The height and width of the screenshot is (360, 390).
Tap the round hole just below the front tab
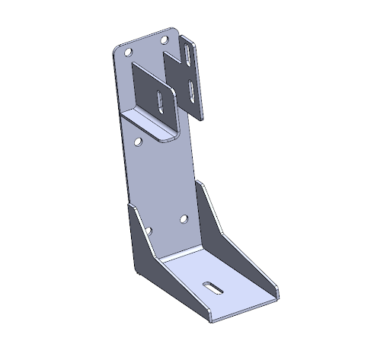(x=137, y=142)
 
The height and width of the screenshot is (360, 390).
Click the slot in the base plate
(x=213, y=288)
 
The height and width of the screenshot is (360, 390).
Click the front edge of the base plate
(x=244, y=307)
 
